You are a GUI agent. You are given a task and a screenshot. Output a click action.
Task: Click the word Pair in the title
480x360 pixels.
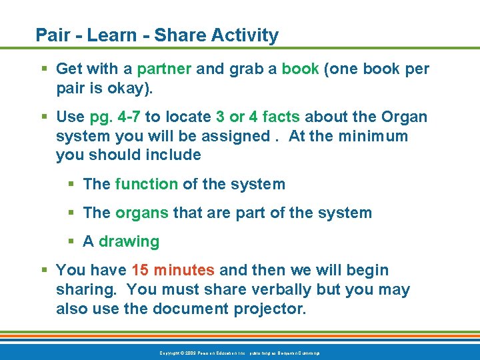point(51,35)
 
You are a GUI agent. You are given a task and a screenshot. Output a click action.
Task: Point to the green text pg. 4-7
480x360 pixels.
point(115,117)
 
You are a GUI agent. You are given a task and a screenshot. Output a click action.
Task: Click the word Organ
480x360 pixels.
point(404,117)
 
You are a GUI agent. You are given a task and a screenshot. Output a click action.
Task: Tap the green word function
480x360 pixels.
point(146,184)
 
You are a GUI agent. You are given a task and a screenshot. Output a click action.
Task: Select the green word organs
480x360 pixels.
point(142,213)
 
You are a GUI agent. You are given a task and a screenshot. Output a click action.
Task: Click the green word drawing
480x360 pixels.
point(129,241)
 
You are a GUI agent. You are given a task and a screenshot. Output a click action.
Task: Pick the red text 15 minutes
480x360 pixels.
point(173,270)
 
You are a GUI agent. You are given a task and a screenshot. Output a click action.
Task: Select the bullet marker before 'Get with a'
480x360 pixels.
point(44,69)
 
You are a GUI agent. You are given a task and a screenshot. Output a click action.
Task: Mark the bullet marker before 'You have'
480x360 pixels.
point(44,270)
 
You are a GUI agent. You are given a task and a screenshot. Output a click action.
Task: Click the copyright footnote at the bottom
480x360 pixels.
point(239,352)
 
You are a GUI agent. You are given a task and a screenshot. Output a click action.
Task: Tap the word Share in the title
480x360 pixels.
point(181,35)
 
